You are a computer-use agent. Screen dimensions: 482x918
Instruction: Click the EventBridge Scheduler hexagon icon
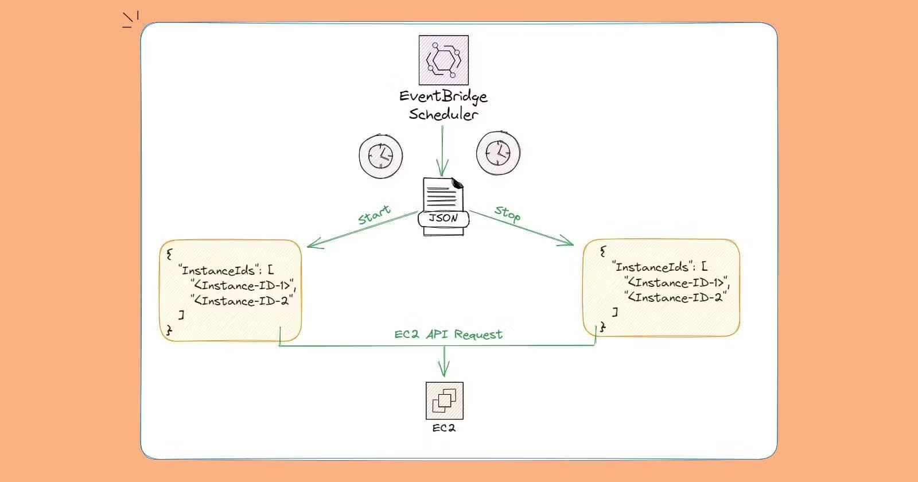[444, 60]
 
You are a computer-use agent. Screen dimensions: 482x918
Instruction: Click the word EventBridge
[444, 96]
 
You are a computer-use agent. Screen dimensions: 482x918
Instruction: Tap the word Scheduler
[443, 114]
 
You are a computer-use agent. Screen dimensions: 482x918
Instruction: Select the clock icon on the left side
[380, 155]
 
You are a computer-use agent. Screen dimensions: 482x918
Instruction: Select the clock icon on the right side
[498, 153]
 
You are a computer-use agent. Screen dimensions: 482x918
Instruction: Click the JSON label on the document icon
[444, 219]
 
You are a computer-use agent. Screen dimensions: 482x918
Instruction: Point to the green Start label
[374, 215]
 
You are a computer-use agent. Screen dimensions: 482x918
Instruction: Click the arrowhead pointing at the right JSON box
[569, 243]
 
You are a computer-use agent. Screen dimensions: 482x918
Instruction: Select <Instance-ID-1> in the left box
[244, 286]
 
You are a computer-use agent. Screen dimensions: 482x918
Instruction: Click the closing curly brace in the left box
[169, 330]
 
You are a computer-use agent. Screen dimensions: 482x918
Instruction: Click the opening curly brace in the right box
[602, 251]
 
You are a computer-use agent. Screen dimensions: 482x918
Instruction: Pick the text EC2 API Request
[448, 335]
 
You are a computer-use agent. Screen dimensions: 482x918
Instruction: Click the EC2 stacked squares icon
[444, 401]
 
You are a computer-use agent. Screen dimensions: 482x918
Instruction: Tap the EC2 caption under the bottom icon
[444, 428]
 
